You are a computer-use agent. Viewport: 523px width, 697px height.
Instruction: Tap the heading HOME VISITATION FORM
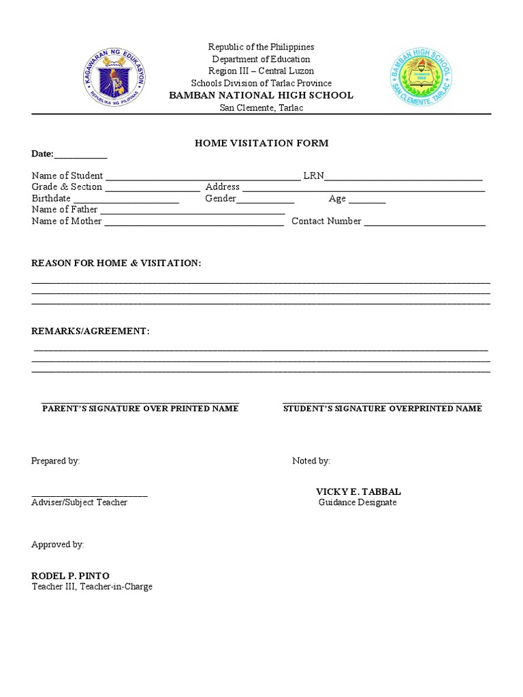pos(261,143)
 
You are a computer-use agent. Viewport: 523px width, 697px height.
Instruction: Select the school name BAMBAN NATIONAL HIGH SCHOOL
pos(261,95)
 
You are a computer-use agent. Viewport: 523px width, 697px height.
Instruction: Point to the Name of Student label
pos(67,176)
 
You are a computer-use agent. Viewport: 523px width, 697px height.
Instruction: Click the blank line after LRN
pos(404,178)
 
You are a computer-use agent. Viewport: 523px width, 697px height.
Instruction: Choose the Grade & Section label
pos(67,187)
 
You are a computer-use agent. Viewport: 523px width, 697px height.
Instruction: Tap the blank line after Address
pos(364,189)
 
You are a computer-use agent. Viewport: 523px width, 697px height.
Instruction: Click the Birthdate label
pos(51,198)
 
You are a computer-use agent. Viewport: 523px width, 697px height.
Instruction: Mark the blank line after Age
pos(367,201)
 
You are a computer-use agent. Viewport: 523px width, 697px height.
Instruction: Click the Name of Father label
pos(65,210)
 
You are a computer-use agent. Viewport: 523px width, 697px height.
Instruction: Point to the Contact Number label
pos(326,221)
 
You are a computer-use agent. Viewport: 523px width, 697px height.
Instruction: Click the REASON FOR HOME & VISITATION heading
pos(116,263)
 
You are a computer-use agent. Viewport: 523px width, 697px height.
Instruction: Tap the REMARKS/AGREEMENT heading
pos(91,331)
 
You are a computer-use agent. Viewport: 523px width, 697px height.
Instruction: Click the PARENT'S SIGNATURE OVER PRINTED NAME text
pos(140,408)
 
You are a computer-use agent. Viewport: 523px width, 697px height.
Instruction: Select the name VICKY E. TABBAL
pos(358,491)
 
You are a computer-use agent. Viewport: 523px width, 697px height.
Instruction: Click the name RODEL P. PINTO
pos(70,576)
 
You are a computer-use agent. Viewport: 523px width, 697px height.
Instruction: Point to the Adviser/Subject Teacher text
pos(79,502)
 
